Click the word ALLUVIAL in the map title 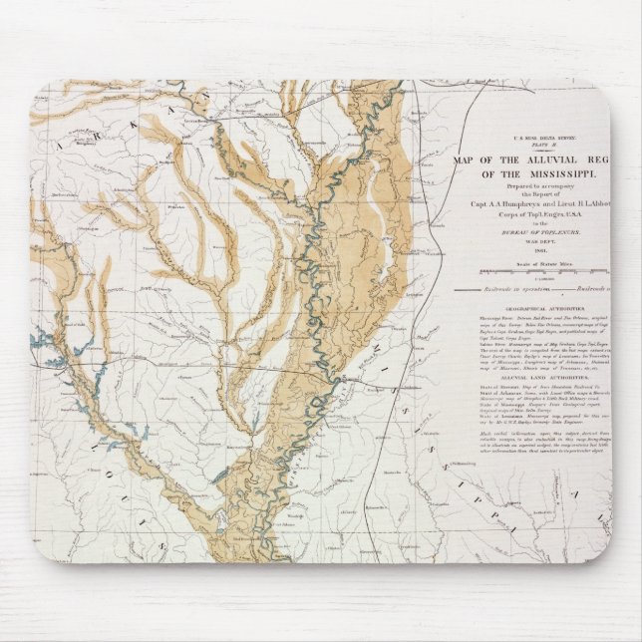pyautogui.click(x=543, y=160)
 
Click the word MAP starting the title pyautogui.click(x=466, y=160)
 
